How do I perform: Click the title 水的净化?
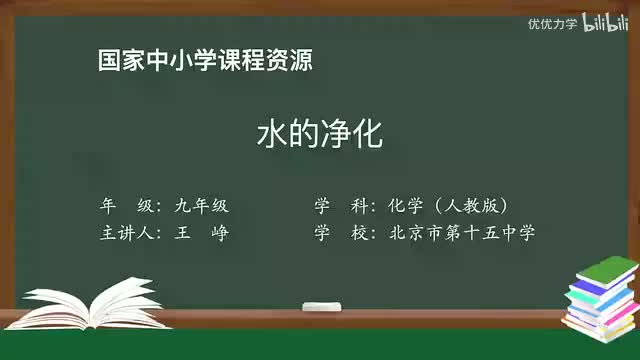click(x=320, y=135)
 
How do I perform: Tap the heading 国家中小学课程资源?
click(x=205, y=60)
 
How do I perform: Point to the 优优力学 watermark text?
click(x=552, y=23)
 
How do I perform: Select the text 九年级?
click(x=201, y=206)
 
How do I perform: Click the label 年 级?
click(x=127, y=206)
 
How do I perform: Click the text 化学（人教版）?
click(x=450, y=206)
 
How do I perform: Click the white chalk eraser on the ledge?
click(x=321, y=304)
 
